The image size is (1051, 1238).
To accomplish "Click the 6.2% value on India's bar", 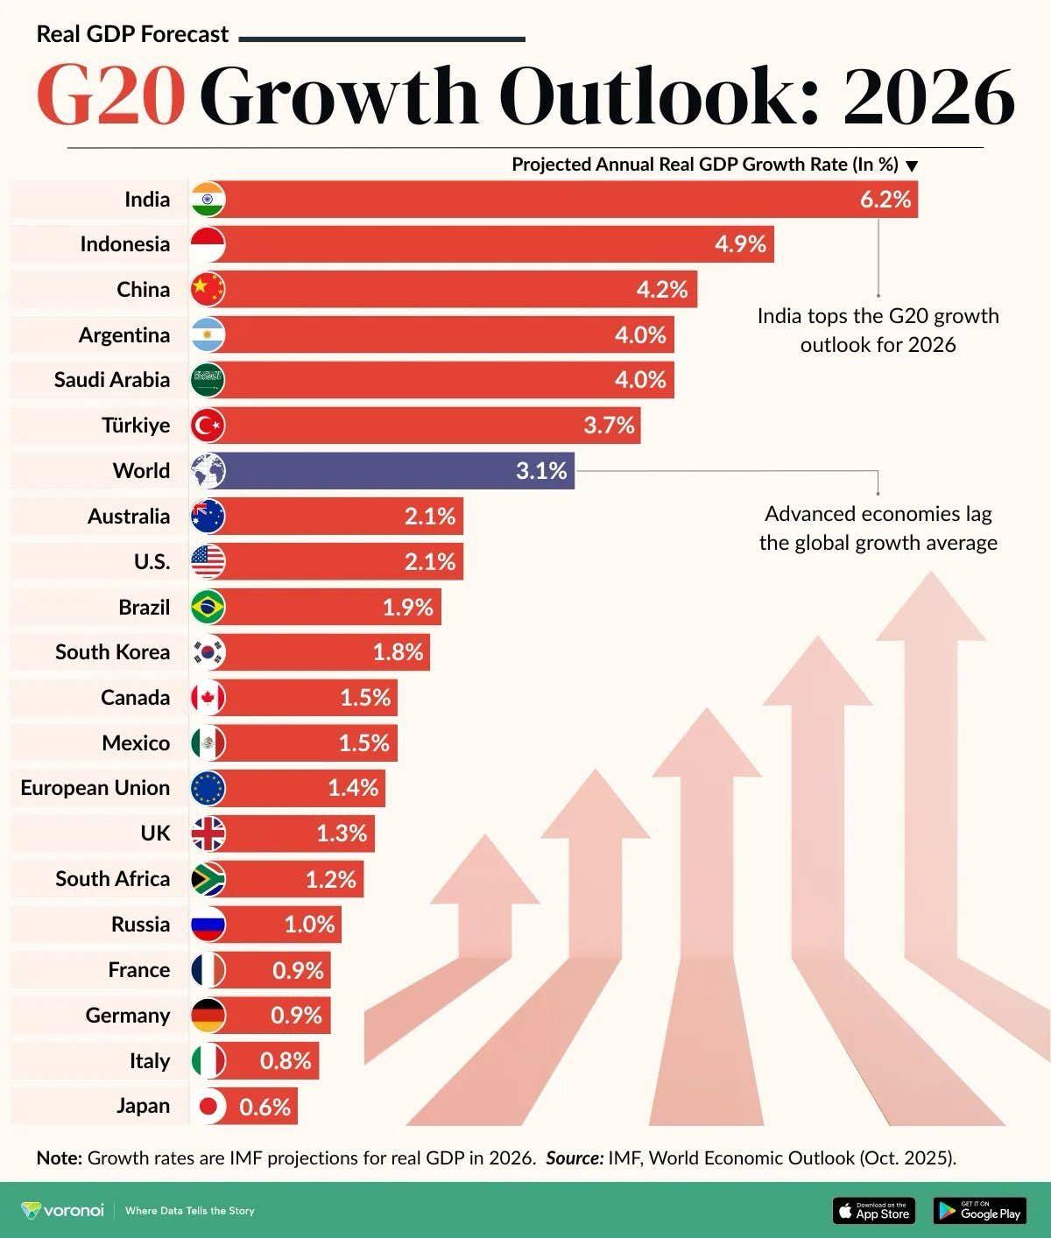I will coord(885,200).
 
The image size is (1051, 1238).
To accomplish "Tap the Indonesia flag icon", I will coord(208,244).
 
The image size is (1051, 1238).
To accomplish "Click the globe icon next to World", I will coord(208,471).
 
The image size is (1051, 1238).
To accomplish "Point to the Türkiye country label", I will coord(136,426).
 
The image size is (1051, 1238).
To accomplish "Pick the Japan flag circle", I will coord(208,1107).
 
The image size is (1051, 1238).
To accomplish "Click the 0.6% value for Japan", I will coord(265,1107).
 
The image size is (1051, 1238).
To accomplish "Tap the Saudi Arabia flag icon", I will coord(208,380).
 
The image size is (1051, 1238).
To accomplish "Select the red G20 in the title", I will coord(111,95).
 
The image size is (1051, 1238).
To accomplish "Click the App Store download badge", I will coord(873,1211).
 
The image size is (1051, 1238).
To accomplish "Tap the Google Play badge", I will coord(979,1211).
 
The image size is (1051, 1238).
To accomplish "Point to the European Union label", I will coord(95,788).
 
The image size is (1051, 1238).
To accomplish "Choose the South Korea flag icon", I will coord(208,652).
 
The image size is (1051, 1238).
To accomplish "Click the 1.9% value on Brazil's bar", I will coord(407,607).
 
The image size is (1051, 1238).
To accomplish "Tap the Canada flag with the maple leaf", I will coord(208,698).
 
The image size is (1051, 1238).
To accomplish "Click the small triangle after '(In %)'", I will coord(912,166).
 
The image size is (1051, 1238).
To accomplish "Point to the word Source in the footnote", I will coord(574,1157).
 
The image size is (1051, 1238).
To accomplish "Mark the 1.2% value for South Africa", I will coord(330,879).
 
